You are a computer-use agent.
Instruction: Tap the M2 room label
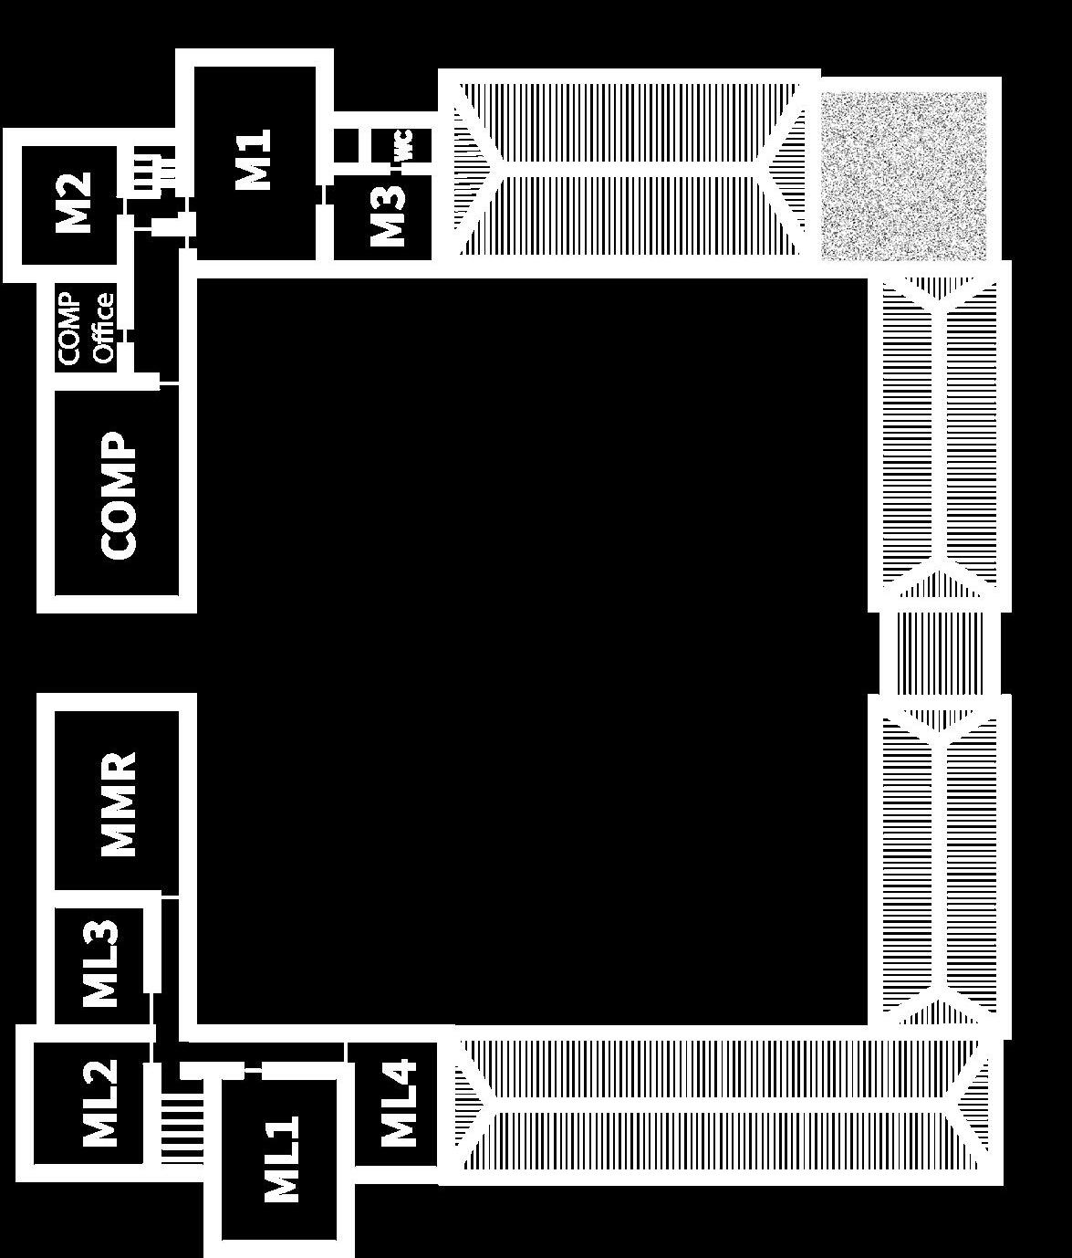click(74, 202)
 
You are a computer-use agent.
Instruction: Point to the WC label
click(404, 145)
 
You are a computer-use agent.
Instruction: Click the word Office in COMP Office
click(103, 328)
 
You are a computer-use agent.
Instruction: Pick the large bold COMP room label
click(119, 496)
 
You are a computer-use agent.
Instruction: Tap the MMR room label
click(118, 804)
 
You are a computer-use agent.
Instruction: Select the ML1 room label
click(282, 1159)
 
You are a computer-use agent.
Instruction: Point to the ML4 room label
click(399, 1104)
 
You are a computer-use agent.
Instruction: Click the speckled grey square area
click(904, 175)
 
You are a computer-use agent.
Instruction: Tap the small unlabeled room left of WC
click(346, 145)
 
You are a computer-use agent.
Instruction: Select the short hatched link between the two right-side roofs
click(940, 653)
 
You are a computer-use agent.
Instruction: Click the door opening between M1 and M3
click(324, 195)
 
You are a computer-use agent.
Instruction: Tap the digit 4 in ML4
click(399, 1074)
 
